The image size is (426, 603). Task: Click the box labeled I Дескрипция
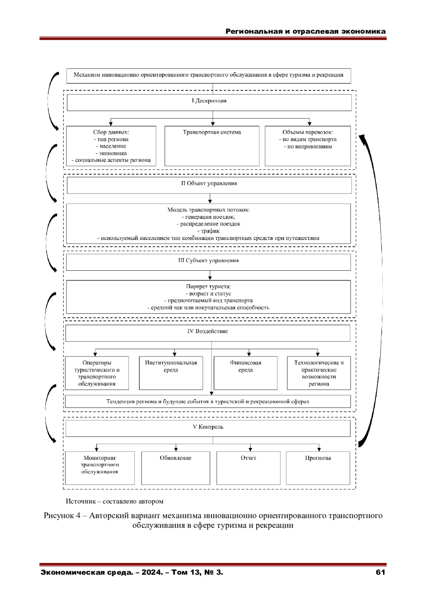pyautogui.click(x=209, y=102)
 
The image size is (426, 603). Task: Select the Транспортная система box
pyautogui.click(x=212, y=146)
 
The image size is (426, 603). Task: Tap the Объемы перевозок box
pyautogui.click(x=308, y=146)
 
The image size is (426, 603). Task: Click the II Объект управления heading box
pyautogui.click(x=209, y=185)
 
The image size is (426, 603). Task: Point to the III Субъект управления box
pyautogui.click(x=208, y=262)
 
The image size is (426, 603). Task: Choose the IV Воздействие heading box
pyautogui.click(x=208, y=333)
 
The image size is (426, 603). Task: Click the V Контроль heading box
pyautogui.click(x=208, y=428)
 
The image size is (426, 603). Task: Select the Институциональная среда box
pyautogui.click(x=171, y=373)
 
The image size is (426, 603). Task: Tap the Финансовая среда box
pyautogui.click(x=245, y=373)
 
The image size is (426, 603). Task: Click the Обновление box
pyautogui.click(x=176, y=468)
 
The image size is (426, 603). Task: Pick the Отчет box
pyautogui.click(x=248, y=468)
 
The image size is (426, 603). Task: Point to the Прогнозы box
pyautogui.click(x=318, y=468)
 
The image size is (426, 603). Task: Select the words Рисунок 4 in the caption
pyautogui.click(x=62, y=516)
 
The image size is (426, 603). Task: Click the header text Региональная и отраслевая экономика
pyautogui.click(x=305, y=31)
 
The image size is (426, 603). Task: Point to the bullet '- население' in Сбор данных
pyautogui.click(x=111, y=146)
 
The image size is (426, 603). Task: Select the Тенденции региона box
pyautogui.click(x=208, y=401)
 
